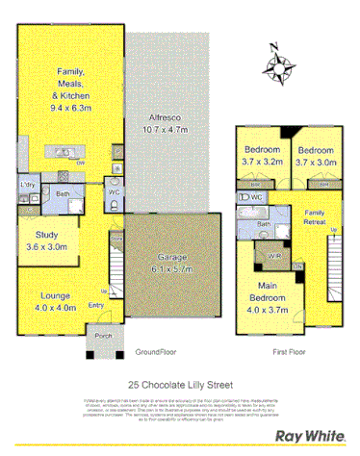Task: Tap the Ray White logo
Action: [x=310, y=435]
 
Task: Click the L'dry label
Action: [x=28, y=184]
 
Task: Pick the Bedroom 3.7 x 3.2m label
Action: [x=262, y=157]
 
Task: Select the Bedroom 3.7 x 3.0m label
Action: [x=316, y=157]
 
